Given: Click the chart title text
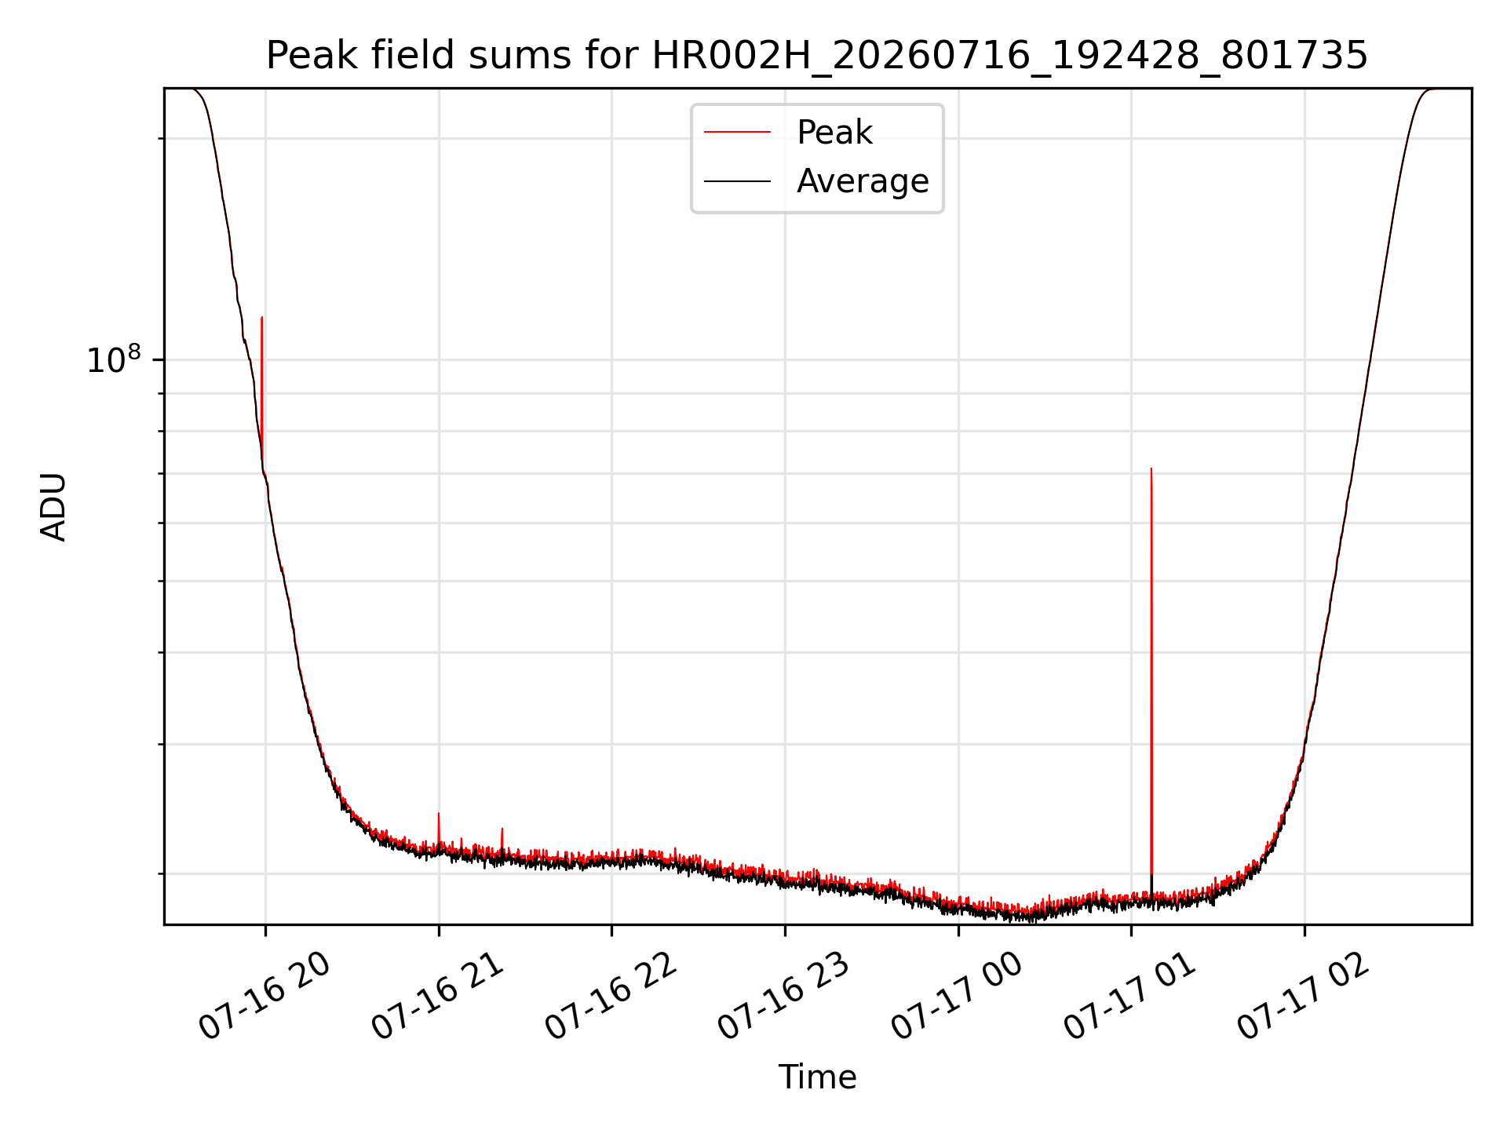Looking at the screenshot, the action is click(x=817, y=56).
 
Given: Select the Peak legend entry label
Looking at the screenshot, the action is click(x=834, y=133).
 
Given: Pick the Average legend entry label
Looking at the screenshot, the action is click(x=863, y=181).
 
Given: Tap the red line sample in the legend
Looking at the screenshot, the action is click(x=737, y=133).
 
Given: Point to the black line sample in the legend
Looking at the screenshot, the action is click(x=737, y=181).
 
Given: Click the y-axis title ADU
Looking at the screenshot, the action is click(x=53, y=507).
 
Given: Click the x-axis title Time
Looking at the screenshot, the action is click(x=817, y=1077).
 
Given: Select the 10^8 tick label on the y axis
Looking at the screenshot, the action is click(x=114, y=359).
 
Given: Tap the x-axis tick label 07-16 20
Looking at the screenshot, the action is click(x=264, y=997).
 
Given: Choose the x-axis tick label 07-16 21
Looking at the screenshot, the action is click(x=437, y=997).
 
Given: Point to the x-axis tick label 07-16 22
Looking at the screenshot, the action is click(x=611, y=997).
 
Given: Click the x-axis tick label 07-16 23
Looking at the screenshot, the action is click(x=784, y=997).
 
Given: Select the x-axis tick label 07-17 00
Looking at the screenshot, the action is click(x=958, y=997).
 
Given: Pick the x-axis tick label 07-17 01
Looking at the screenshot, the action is click(x=1130, y=997).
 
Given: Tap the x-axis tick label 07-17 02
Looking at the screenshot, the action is click(x=1304, y=997).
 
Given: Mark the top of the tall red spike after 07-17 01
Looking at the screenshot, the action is click(x=1151, y=468).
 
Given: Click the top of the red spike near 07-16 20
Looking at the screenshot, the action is click(x=261, y=318).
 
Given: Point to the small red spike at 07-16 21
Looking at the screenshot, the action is click(x=439, y=814).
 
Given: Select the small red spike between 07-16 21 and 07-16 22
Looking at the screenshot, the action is click(x=502, y=829).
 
